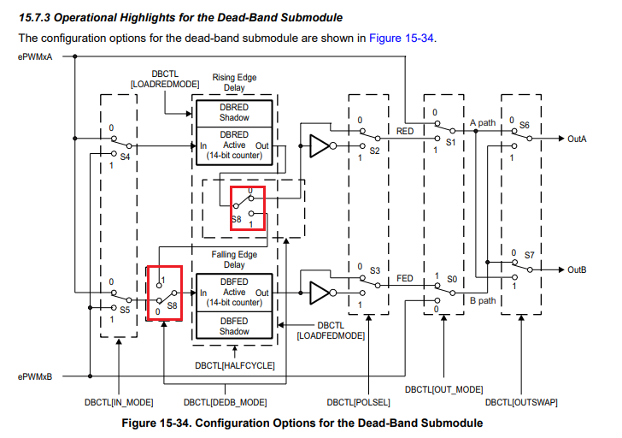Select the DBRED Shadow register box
[234, 112]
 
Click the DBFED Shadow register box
[234, 326]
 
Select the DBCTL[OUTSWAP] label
[517, 401]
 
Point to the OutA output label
[578, 138]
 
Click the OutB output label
[578, 269]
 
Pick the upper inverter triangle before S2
[319, 146]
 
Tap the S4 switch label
[125, 157]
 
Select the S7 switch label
[529, 255]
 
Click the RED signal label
[406, 131]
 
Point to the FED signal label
[406, 279]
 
